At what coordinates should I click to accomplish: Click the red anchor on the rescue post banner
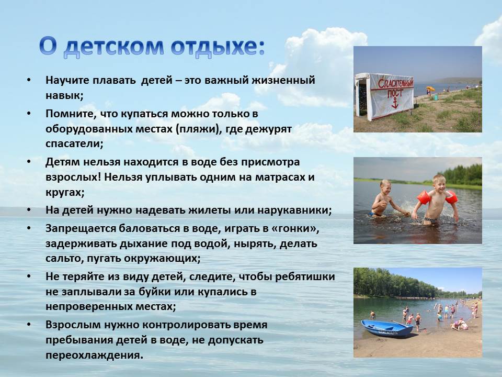click(x=395, y=103)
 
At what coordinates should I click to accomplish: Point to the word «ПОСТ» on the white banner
click(x=395, y=93)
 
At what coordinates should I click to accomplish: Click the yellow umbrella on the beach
click(x=430, y=88)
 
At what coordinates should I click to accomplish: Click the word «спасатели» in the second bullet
click(x=74, y=143)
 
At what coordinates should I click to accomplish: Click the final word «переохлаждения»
click(x=94, y=355)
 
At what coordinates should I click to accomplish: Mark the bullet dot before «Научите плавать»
click(x=29, y=80)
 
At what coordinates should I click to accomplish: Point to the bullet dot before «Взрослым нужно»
click(x=29, y=325)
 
